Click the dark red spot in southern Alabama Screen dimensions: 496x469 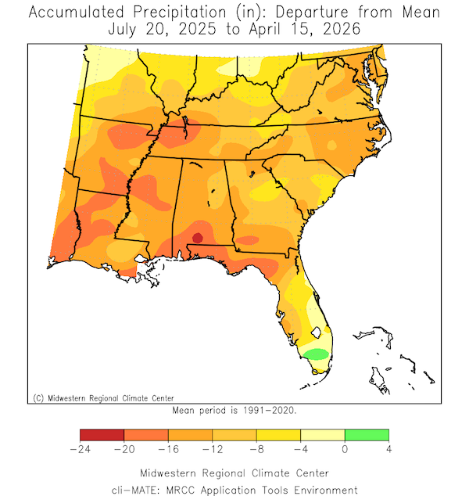coord(198,237)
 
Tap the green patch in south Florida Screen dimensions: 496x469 coord(316,354)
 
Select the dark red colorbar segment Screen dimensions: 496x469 coord(102,435)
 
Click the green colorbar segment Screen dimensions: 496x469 coord(367,435)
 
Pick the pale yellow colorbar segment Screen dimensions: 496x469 coord(322,435)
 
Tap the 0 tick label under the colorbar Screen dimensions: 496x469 coord(345,450)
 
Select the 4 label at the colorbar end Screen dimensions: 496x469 coord(388,450)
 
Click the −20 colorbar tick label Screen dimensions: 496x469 coord(123,450)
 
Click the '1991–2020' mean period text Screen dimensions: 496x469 coord(269,409)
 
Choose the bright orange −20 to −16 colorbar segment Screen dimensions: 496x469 coord(145,435)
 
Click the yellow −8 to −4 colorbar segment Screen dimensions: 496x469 coord(278,435)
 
